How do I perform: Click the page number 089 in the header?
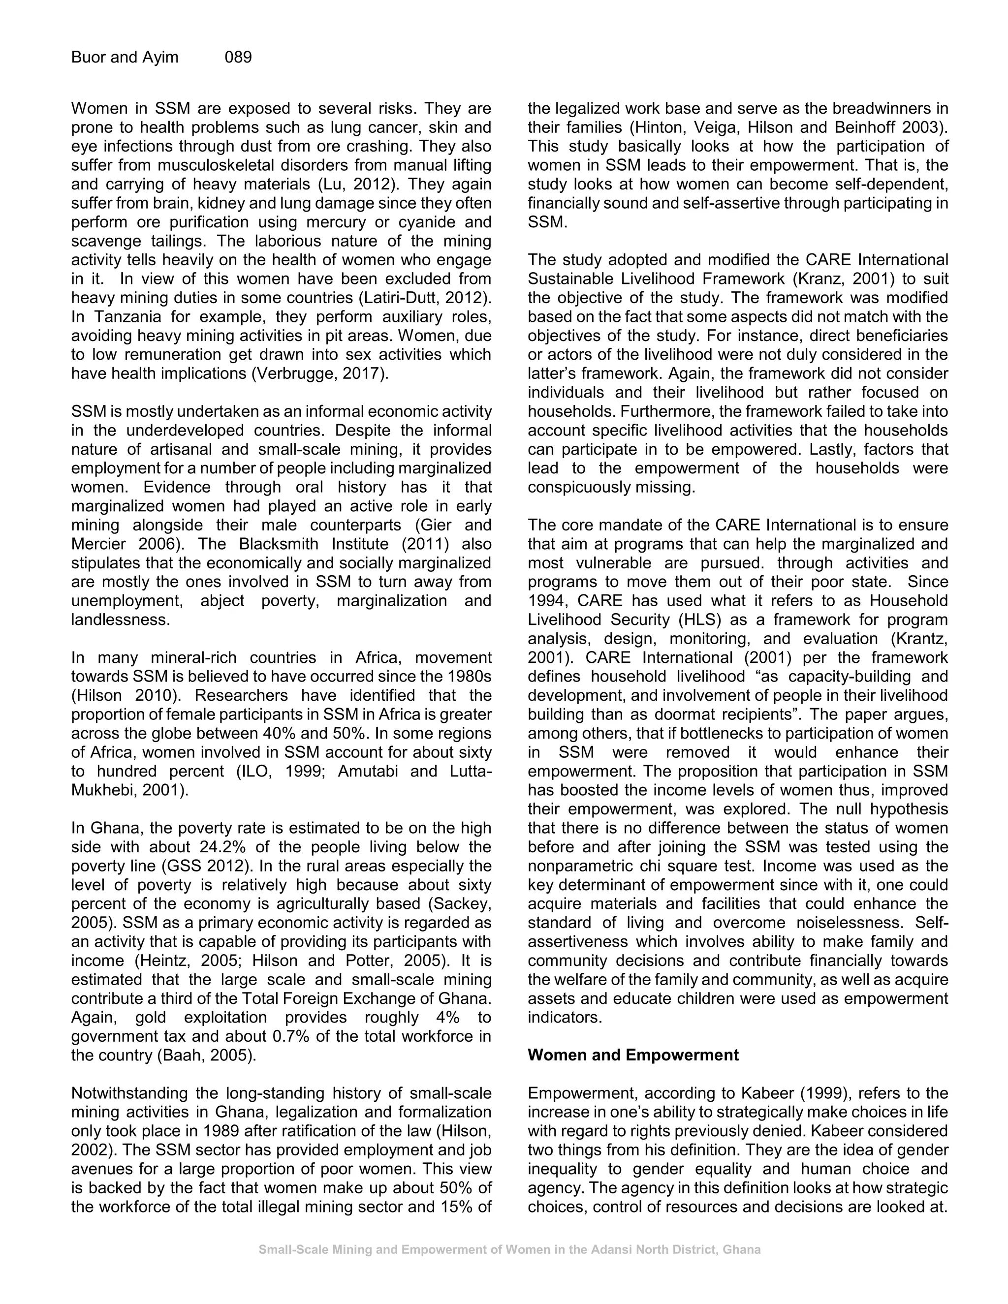click(x=238, y=57)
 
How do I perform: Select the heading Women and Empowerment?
click(x=632, y=1055)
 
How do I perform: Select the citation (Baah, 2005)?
click(x=207, y=1055)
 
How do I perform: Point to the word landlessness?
click(x=120, y=620)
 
